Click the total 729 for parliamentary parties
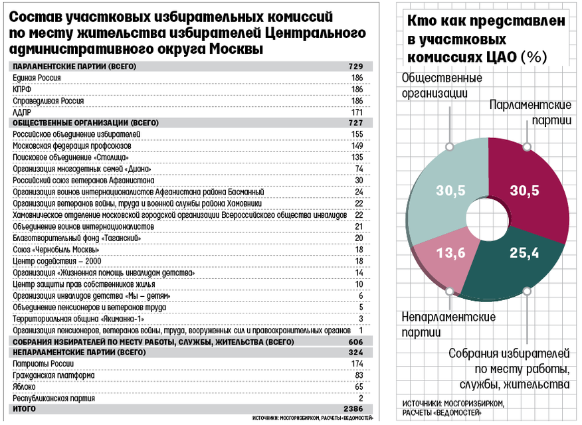(355, 66)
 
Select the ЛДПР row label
(22, 112)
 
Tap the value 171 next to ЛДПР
(357, 112)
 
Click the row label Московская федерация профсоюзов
(72, 146)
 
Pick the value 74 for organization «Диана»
(359, 169)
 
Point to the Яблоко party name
(24, 386)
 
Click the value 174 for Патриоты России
(357, 364)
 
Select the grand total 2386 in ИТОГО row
(353, 408)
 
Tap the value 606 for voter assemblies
(355, 342)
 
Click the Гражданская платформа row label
(54, 376)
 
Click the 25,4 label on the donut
(524, 253)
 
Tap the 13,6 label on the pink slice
(450, 253)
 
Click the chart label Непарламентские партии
(448, 325)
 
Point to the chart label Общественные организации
(442, 85)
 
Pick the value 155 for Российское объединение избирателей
(357, 134)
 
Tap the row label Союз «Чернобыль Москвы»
(56, 250)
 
